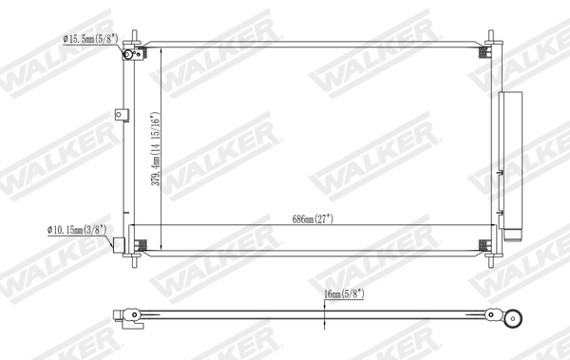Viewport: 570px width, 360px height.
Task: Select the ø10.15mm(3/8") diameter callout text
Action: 74,229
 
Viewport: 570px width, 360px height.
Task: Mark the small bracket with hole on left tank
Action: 122,116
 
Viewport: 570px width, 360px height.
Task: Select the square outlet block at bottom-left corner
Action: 120,244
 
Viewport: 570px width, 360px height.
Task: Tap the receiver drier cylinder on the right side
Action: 514,166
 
